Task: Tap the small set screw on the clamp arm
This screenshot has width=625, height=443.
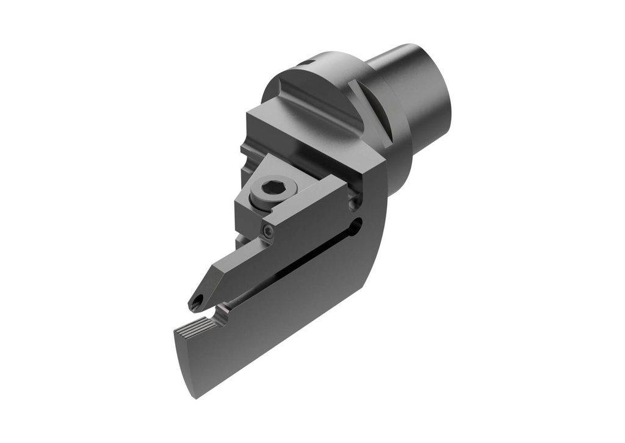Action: pos(267,230)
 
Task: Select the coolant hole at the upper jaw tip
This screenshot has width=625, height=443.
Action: pos(196,302)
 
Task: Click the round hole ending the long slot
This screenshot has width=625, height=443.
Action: pos(357,226)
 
